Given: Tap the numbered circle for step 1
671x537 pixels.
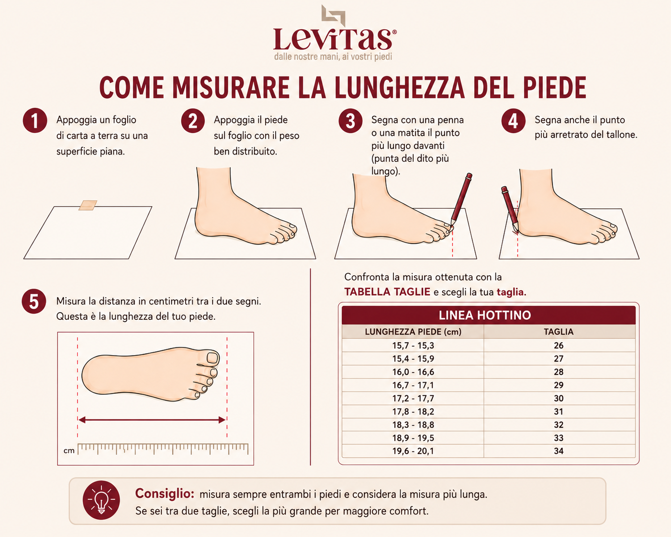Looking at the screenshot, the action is click(35, 121).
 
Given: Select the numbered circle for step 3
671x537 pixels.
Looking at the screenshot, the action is click(350, 121).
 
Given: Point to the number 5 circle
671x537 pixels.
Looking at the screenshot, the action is click(34, 302).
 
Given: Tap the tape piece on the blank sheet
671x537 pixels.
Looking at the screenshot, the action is click(88, 205).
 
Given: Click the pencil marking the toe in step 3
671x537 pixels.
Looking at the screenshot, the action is click(460, 200).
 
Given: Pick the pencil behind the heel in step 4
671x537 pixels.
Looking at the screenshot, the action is click(510, 209).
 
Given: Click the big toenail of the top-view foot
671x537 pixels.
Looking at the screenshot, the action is click(212, 358).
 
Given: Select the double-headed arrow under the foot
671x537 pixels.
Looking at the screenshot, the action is click(152, 420).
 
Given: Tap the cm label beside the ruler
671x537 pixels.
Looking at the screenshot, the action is click(69, 451).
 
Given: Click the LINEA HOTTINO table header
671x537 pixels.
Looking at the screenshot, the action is click(484, 315).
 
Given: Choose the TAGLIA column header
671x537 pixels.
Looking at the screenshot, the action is click(559, 332).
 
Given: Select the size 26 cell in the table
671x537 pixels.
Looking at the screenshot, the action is click(559, 346).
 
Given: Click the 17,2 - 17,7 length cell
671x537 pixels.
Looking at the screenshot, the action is click(413, 398).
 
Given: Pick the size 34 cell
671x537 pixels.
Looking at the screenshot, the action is click(559, 451).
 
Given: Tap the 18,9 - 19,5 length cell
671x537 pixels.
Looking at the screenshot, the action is click(413, 438).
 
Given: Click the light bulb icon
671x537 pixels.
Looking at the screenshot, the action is click(101, 500).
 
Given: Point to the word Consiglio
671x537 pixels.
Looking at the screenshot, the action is click(165, 493).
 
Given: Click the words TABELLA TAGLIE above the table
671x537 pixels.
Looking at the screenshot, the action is click(387, 292).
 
